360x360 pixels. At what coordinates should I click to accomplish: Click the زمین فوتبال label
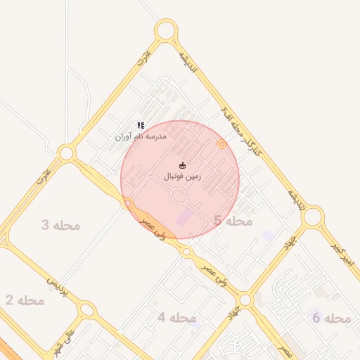pos(182,176)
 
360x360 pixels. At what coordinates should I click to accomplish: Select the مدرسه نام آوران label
pos(141,136)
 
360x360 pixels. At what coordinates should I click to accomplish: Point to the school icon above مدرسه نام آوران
pos(141,125)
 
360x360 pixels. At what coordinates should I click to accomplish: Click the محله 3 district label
pos(60,225)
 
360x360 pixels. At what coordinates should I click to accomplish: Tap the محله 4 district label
pos(176,317)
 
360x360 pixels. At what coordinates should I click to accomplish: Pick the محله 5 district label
pos(233,221)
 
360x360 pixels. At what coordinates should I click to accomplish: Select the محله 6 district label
pos(331,319)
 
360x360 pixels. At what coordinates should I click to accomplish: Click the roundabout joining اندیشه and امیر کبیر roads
pos(312,217)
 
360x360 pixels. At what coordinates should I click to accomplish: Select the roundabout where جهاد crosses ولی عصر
pos(244,300)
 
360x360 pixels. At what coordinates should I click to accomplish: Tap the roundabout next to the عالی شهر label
pos(86,309)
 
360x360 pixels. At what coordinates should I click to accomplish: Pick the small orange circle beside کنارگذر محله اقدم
pos(222,144)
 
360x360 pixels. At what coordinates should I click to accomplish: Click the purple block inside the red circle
pos(183,217)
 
